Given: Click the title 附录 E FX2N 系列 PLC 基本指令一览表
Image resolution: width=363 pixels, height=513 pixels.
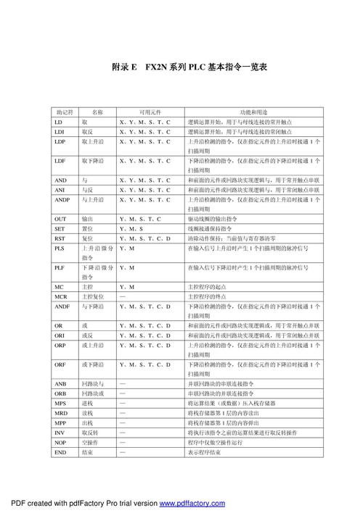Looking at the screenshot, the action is point(190,67).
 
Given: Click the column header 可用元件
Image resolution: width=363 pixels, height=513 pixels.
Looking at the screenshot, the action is point(150,112).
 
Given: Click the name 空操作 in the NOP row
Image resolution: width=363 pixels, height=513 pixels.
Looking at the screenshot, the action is point(90,441).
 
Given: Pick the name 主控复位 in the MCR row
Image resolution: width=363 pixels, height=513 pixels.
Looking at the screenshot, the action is point(92,297).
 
